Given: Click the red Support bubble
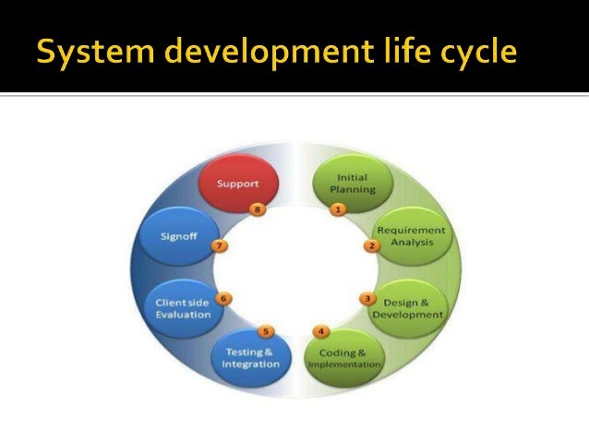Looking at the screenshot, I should tap(237, 184).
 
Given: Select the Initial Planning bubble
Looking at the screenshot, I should tap(355, 183).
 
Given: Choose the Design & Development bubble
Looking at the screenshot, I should tap(407, 307).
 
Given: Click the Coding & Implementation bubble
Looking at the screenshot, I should tap(343, 358).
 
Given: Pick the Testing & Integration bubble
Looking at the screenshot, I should tap(250, 358).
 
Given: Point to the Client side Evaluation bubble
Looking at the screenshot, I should tap(183, 307).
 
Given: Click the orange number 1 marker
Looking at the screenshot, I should tap(338, 209).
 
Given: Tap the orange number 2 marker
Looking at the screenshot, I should tap(372, 246).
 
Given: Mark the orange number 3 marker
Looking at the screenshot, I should tap(367, 298).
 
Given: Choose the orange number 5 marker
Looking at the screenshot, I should tap(266, 330).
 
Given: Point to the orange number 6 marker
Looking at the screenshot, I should tap(222, 298).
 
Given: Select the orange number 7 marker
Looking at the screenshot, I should tap(219, 246).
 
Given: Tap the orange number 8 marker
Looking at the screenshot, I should tap(258, 209).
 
